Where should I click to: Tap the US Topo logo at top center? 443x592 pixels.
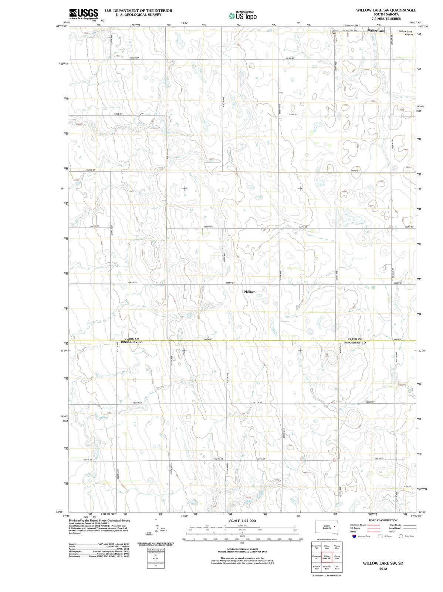pyautogui.click(x=243, y=16)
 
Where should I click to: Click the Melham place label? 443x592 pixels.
pyautogui.click(x=250, y=292)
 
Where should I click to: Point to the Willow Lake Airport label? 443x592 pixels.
pyautogui.click(x=405, y=33)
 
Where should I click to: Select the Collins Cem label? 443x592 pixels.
pyautogui.click(x=335, y=32)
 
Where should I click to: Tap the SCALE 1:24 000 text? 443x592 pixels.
pyautogui.click(x=243, y=521)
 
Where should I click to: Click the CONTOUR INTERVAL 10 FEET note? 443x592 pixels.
pyautogui.click(x=243, y=549)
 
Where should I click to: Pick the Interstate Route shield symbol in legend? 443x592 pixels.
pyautogui.click(x=354, y=536)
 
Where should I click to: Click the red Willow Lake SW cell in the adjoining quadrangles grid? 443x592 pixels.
pyautogui.click(x=327, y=558)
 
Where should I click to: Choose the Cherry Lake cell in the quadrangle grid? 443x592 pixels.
pyautogui.click(x=337, y=558)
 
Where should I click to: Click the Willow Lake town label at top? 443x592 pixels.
pyautogui.click(x=376, y=31)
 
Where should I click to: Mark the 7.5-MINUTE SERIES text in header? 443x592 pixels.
pyautogui.click(x=386, y=18)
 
